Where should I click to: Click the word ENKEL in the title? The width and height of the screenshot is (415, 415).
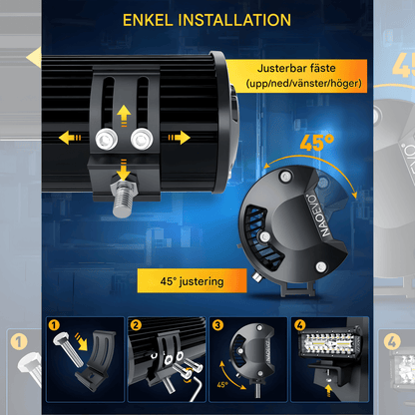tap(148, 20)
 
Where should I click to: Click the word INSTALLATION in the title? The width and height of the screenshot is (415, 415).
tap(234, 20)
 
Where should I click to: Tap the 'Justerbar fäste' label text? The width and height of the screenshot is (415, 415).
tap(296, 68)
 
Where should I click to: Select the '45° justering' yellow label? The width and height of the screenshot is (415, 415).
tap(192, 281)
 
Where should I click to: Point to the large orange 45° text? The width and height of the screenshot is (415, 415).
tap(316, 143)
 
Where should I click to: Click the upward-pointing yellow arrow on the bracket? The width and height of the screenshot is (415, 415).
tap(124, 116)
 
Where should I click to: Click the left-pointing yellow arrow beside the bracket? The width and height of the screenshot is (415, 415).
tap(70, 138)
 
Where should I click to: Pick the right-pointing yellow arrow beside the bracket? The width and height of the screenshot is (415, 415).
tap(180, 138)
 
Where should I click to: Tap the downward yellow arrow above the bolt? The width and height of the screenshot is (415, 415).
tap(124, 170)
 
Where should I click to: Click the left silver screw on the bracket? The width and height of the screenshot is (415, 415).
tap(107, 139)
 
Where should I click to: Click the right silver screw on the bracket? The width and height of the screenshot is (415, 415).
tap(142, 139)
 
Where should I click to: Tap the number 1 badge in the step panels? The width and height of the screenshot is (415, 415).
tap(54, 325)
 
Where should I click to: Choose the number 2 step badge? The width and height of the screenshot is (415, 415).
tap(136, 325)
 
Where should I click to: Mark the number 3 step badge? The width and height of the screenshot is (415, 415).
tap(217, 325)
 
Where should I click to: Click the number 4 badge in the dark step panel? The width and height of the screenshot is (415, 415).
tap(299, 325)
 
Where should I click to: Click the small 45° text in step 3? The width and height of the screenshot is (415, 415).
tap(222, 384)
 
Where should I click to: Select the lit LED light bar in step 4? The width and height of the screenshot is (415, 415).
tap(329, 345)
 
